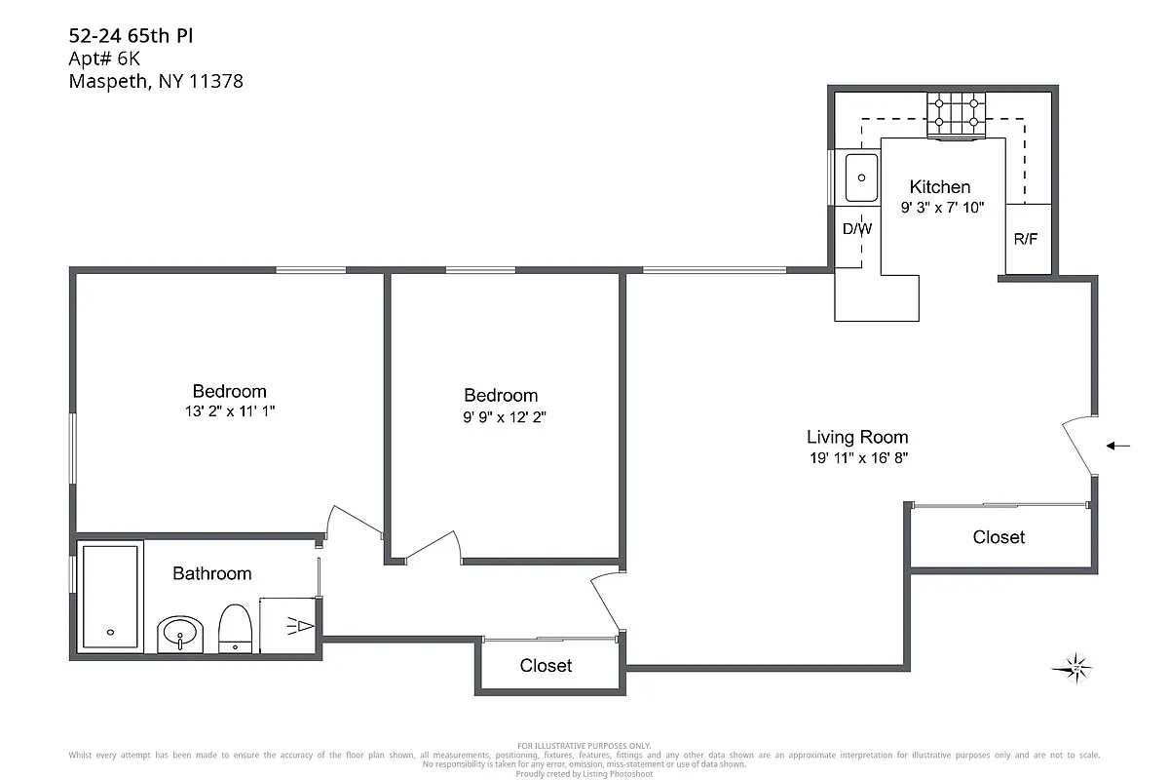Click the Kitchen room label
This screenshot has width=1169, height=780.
pos(939,187)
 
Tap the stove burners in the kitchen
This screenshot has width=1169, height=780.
pos(956,114)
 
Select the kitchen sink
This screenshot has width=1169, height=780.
pos(860,177)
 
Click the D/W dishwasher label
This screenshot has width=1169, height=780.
pos(856,230)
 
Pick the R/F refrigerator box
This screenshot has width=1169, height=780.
pos(1027,239)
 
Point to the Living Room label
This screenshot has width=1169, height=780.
pos(857,437)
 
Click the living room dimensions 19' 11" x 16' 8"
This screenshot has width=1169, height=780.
pos(857,457)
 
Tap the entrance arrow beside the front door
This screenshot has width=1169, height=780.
pos(1118,447)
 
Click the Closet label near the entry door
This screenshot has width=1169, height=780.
pos(999,537)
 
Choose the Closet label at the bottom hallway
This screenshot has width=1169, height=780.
pos(546,666)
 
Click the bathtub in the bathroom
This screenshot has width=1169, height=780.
pos(110,597)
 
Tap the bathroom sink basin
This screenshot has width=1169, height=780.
pos(180,635)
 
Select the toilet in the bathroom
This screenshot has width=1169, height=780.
pos(236,628)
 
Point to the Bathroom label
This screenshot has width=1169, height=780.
pos(211,573)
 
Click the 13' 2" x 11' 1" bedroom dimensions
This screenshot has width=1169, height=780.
pos(229,412)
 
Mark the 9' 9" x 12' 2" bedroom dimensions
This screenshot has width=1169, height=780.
pos(501,416)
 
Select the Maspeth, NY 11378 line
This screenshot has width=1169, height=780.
pos(156,82)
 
